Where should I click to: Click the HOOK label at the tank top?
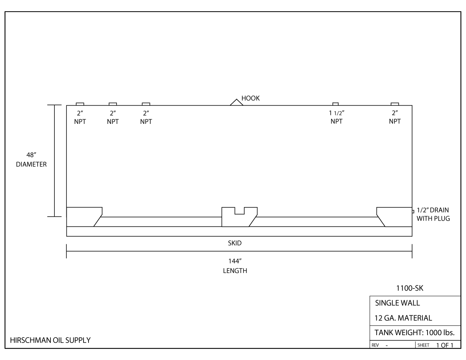tap(250, 99)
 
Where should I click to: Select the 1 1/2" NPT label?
tap(336, 117)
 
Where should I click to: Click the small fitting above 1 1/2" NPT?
tap(336, 104)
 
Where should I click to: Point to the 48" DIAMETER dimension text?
tap(31, 160)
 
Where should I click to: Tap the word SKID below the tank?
tap(235, 243)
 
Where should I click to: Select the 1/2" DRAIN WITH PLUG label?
tap(433, 214)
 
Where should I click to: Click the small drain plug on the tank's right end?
tap(413, 211)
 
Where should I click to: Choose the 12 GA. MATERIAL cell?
tap(403, 318)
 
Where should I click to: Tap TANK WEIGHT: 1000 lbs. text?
tap(414, 333)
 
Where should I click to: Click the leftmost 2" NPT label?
tap(80, 117)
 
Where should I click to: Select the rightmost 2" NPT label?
tap(395, 117)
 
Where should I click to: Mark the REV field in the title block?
tap(376, 345)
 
